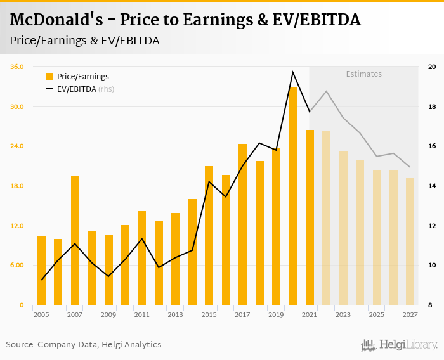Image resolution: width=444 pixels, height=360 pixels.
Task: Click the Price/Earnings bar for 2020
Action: point(293,196)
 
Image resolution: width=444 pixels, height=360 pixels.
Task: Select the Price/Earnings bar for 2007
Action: point(75,241)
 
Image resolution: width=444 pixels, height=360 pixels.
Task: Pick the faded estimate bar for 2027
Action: point(410,242)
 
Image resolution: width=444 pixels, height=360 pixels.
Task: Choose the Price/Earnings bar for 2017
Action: point(242,225)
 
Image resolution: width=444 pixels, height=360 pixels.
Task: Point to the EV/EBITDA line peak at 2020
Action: point(292,72)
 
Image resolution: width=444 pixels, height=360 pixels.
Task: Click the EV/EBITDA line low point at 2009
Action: point(108,276)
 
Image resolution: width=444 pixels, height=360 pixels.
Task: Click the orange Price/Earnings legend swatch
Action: point(49,77)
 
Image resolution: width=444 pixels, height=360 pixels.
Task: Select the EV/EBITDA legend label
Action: point(77,89)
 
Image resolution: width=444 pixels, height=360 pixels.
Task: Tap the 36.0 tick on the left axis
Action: point(17,67)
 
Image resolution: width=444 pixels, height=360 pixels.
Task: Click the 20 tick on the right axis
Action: point(432,67)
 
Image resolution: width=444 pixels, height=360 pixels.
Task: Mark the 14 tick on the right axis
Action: point(432,186)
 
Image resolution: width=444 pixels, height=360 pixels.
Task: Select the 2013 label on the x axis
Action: point(176,315)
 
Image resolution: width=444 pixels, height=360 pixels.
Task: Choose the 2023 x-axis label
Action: point(343,315)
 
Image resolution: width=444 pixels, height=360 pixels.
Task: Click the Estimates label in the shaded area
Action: point(363,74)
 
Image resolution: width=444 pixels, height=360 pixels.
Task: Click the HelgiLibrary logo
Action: point(399,345)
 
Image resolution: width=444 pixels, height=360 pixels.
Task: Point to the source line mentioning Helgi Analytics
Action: point(84,345)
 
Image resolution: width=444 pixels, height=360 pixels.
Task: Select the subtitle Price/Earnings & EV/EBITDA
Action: point(84,41)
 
